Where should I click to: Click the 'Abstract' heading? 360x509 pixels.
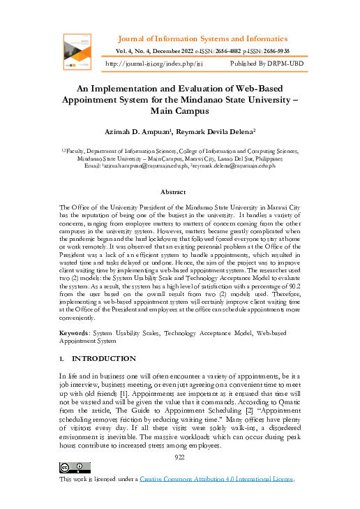(172, 191)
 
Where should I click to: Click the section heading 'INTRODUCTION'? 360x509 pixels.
(104, 358)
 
